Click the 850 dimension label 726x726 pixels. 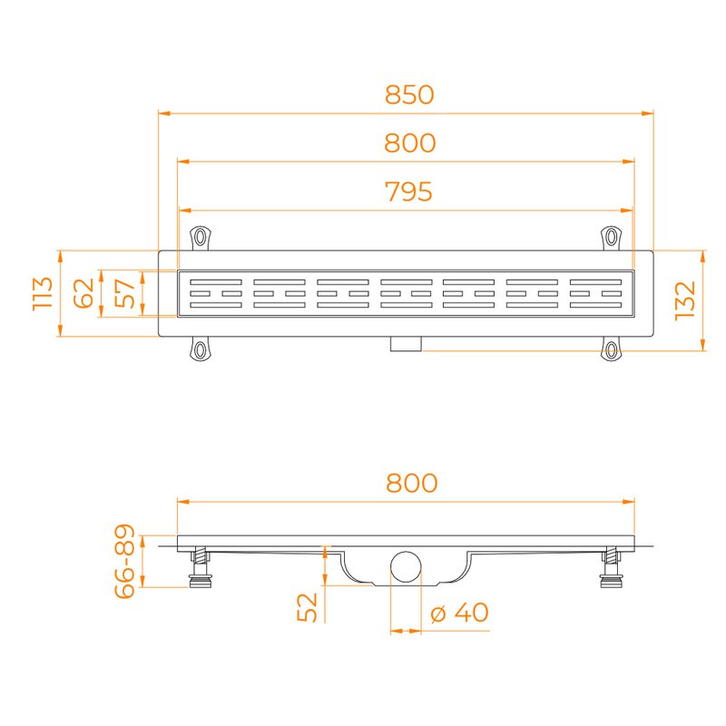409,94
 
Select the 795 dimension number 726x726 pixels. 409,191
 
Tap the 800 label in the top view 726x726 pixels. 410,142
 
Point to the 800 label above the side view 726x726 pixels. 412,483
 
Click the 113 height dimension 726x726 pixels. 43,293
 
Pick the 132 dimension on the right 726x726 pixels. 685,300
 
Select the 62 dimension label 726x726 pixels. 83,293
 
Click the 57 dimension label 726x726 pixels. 124,293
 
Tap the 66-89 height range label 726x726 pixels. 124,561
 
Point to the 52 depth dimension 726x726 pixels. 307,607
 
